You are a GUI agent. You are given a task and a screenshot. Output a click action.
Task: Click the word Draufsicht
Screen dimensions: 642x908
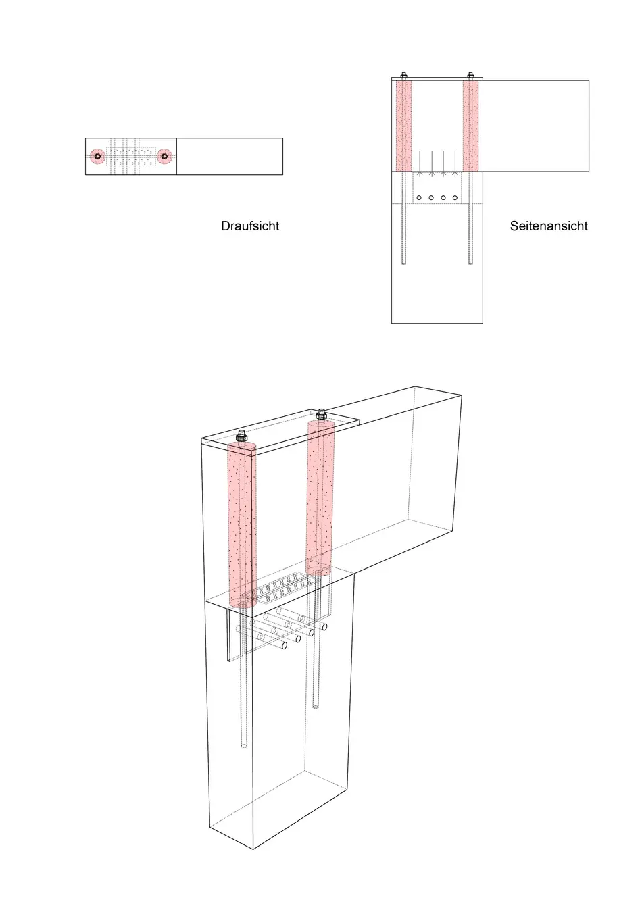click(x=250, y=226)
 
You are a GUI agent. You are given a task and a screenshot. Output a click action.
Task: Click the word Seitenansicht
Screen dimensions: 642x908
click(x=549, y=226)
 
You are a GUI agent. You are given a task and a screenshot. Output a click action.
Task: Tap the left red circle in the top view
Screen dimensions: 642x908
click(x=97, y=157)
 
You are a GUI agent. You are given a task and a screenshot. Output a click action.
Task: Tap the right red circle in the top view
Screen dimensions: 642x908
click(x=164, y=157)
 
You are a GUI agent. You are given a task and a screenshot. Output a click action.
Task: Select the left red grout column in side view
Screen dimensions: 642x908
click(x=403, y=126)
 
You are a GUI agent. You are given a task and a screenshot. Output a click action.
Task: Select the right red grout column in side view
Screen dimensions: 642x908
click(x=470, y=126)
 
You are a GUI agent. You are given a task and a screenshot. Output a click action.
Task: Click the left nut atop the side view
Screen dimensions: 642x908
click(x=403, y=75)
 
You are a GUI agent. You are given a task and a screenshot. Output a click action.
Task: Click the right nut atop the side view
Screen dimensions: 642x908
click(x=470, y=75)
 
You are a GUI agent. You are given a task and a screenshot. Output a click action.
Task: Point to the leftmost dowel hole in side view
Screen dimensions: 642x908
click(x=419, y=198)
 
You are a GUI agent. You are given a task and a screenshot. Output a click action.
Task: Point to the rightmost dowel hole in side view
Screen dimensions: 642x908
click(x=455, y=198)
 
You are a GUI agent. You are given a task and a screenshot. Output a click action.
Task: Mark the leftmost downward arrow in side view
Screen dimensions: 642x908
click(x=420, y=163)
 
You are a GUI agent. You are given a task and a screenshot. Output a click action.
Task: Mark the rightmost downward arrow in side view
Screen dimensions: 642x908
click(x=455, y=163)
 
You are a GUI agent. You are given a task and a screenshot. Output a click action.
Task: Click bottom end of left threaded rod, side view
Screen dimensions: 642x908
click(x=403, y=264)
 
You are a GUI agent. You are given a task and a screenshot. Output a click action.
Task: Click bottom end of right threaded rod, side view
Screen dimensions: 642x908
click(x=470, y=264)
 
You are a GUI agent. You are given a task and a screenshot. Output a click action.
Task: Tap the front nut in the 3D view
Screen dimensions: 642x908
click(x=241, y=436)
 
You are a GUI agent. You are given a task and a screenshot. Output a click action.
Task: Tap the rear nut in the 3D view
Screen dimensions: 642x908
click(x=321, y=415)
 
